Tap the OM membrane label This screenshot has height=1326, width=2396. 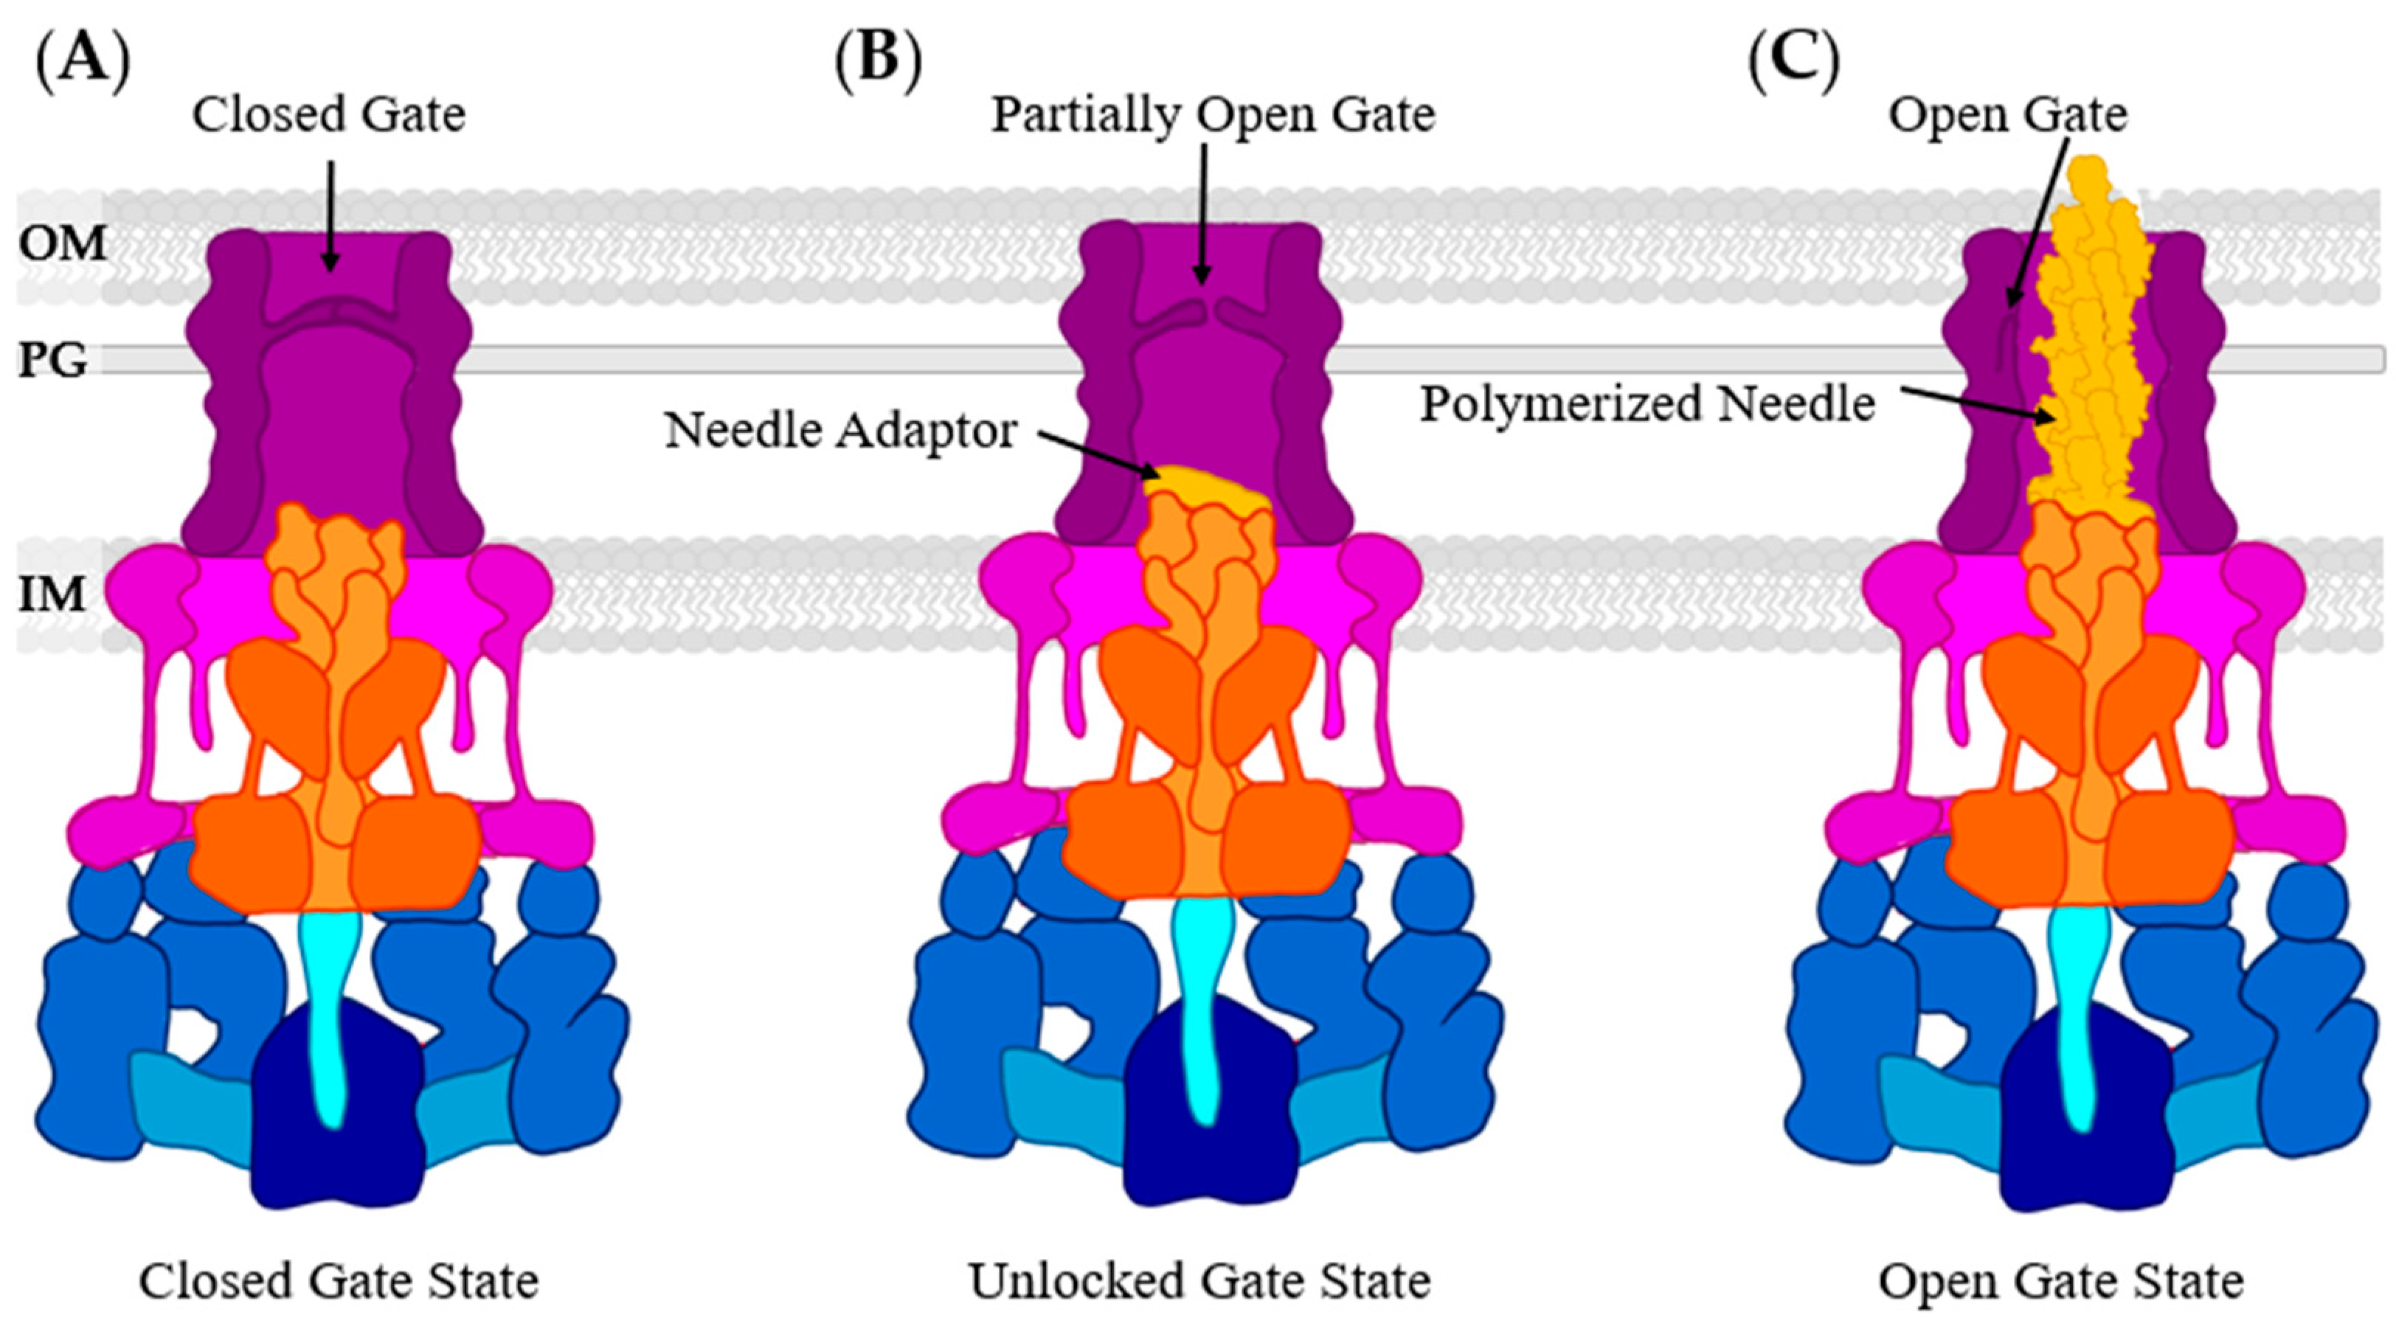pyautogui.click(x=62, y=243)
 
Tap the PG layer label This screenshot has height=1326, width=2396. pyautogui.click(x=53, y=360)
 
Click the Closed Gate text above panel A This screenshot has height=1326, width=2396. pyautogui.click(x=328, y=115)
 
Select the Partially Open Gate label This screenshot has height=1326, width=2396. pyautogui.click(x=1213, y=115)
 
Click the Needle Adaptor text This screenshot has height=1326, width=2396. pyautogui.click(x=841, y=431)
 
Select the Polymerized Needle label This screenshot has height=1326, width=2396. pyautogui.click(x=1647, y=404)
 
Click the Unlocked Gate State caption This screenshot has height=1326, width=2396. pyautogui.click(x=1200, y=1281)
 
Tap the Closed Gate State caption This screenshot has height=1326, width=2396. pyautogui.click(x=339, y=1281)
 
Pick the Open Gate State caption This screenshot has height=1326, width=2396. pyautogui.click(x=2061, y=1281)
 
